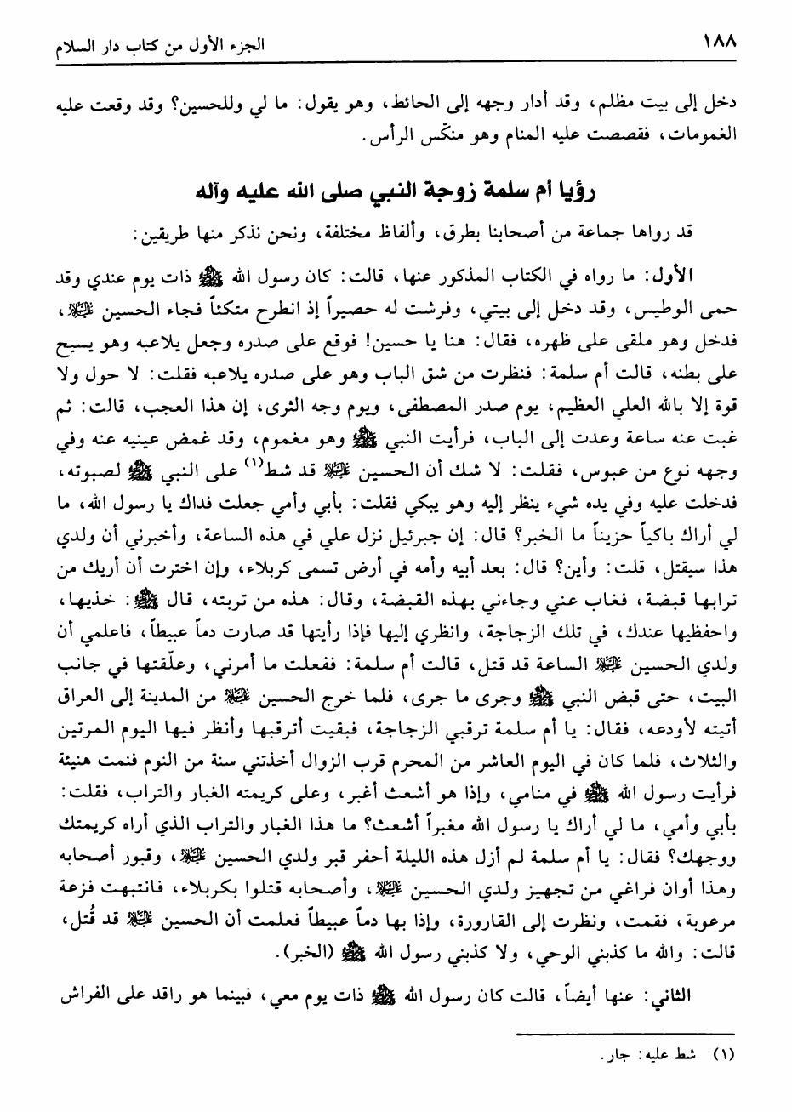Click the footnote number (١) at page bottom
coord(721,1056)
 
